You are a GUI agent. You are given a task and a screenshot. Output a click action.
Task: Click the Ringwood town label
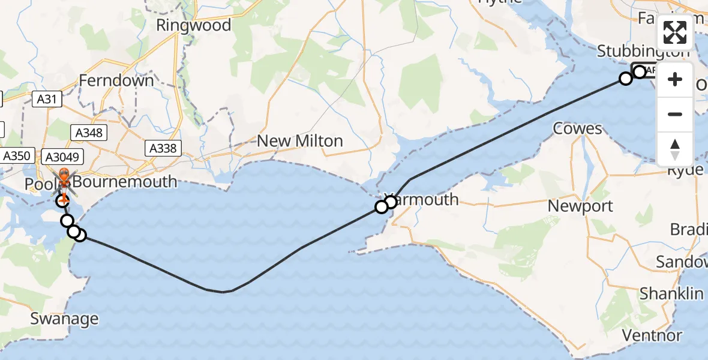[193, 25]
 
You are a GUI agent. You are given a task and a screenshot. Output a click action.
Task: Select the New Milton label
[299, 141]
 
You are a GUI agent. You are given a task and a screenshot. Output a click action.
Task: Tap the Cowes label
[577, 128]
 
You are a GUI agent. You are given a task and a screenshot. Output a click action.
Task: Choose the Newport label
[580, 206]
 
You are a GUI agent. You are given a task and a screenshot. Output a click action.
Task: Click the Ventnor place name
[652, 335]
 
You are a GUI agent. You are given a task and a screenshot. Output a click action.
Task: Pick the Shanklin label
[671, 293]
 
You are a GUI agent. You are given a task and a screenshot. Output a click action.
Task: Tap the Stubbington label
[643, 52]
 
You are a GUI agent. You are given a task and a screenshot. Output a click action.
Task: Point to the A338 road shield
[163, 148]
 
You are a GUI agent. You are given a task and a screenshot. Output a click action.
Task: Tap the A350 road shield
[16, 156]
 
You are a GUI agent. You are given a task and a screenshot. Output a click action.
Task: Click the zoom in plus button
[675, 80]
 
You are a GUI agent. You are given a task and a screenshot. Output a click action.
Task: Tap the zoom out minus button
[675, 114]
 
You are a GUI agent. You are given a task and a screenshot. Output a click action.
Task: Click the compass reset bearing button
[675, 148]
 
